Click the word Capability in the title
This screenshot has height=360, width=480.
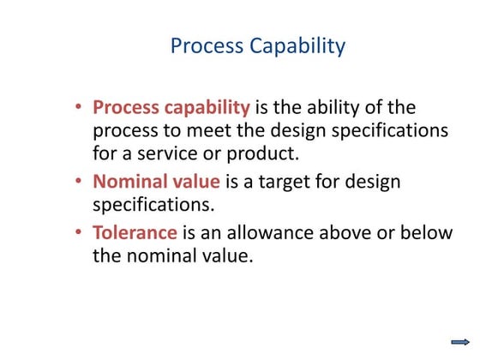tap(293, 45)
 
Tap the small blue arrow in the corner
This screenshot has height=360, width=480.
tap(460, 342)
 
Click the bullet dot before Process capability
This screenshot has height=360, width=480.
tap(79, 108)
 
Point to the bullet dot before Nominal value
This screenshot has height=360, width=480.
tap(79, 183)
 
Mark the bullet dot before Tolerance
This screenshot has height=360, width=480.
tap(79, 233)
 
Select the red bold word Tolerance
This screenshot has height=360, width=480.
tap(135, 233)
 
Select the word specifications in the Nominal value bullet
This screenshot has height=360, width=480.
tap(151, 206)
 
